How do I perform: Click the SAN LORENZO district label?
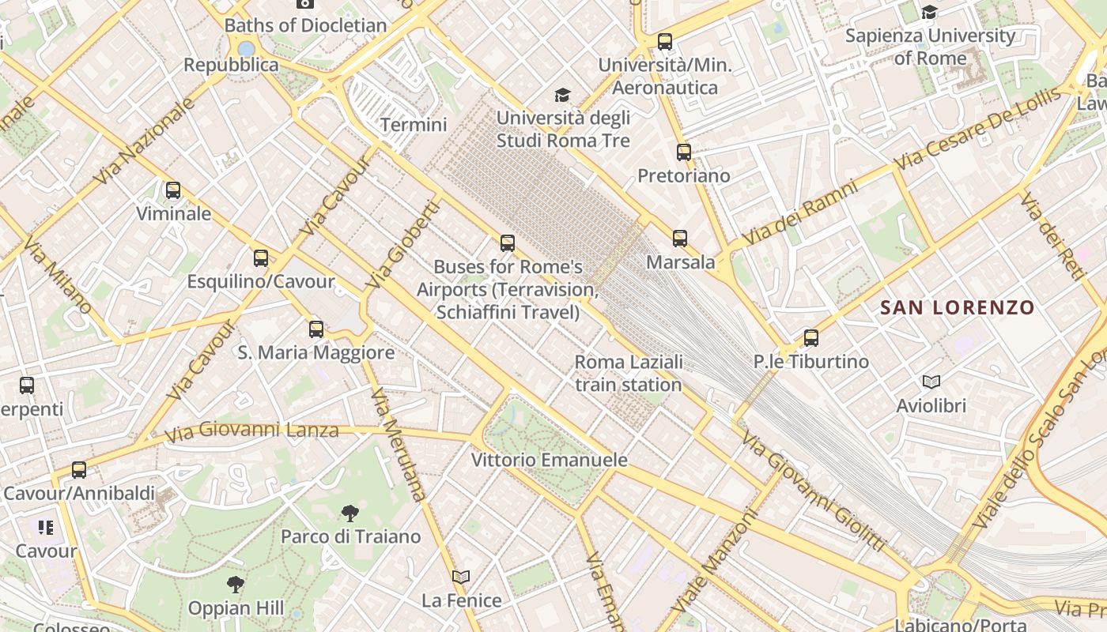pos(957,307)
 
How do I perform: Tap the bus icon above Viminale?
pos(172,190)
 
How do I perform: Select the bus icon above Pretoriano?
pos(684,152)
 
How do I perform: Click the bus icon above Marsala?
pos(679,238)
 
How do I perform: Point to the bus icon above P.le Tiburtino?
pos(810,338)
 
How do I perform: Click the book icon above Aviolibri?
pos(931,382)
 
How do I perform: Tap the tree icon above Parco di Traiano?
pos(349,513)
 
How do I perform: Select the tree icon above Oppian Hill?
pos(235,585)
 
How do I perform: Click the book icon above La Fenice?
pos(461,577)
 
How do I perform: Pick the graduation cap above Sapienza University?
pos(930,12)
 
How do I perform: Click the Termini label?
pos(414,125)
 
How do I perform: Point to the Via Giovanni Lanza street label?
pos(251,431)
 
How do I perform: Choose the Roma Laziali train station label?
pos(629,373)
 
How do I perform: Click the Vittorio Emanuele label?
pos(550,460)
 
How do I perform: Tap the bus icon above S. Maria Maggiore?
pos(316,329)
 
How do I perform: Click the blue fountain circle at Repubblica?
pos(246,49)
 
